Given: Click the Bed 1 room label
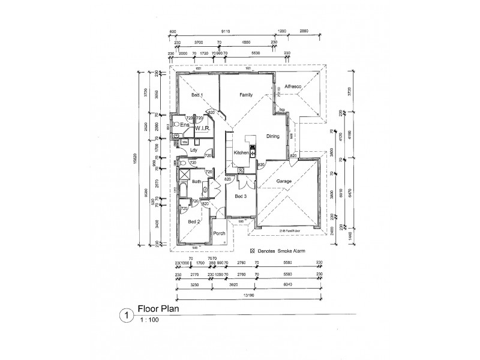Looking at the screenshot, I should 197,96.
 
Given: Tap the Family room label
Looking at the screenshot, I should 246,95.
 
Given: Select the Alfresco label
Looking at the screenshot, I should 293,86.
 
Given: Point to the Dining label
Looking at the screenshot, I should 273,137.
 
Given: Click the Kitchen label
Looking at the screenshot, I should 241,154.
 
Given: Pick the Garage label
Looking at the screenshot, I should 284,181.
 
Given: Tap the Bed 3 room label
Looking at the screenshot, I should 240,197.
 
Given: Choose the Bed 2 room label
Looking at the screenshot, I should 193,221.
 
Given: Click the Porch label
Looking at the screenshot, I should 219,233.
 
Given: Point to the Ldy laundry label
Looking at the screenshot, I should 193,150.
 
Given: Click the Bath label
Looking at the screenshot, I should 196,181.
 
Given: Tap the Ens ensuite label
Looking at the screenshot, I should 185,125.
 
